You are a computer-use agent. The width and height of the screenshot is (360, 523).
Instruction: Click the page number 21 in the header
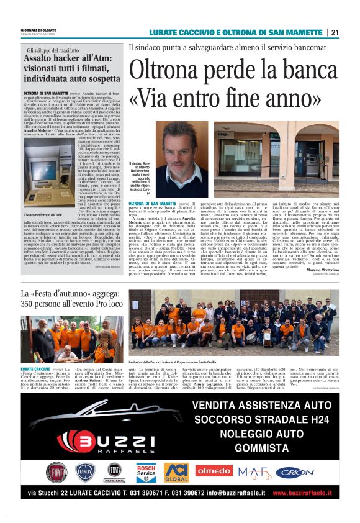click(x=335, y=33)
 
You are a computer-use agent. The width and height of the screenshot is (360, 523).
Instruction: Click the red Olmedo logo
click(x=214, y=471)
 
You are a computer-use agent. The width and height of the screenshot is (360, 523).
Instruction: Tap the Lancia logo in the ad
click(x=84, y=473)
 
